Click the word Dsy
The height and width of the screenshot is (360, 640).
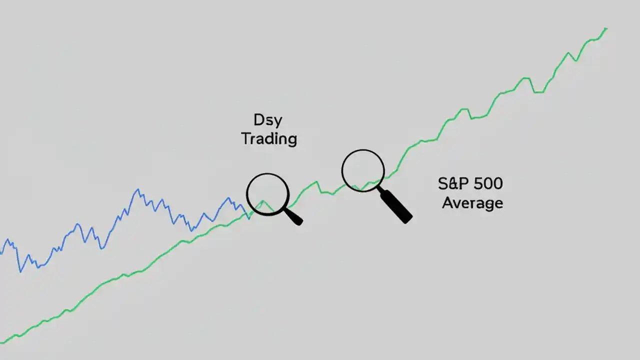268,120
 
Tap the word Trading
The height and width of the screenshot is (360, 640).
269,138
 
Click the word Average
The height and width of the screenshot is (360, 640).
472,203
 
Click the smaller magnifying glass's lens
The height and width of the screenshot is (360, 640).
268,194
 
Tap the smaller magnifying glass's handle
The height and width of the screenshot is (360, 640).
294,217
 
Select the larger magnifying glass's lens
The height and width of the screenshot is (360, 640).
363,170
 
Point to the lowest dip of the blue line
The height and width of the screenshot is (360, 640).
20,271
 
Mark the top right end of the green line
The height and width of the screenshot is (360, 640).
606,28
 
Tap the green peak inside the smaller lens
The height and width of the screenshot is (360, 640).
262,201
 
